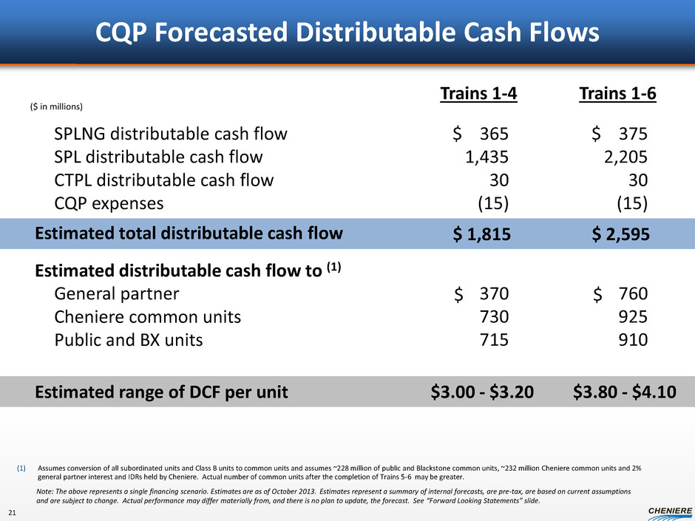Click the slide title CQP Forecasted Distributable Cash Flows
(x=347, y=33)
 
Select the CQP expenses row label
(x=109, y=202)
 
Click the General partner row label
(x=117, y=293)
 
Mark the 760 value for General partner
(x=634, y=294)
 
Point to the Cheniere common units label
(x=148, y=317)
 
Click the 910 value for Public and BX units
(x=634, y=340)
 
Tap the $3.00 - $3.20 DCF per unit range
(x=481, y=392)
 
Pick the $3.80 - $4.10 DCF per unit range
(x=624, y=392)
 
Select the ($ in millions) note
(x=56, y=106)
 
